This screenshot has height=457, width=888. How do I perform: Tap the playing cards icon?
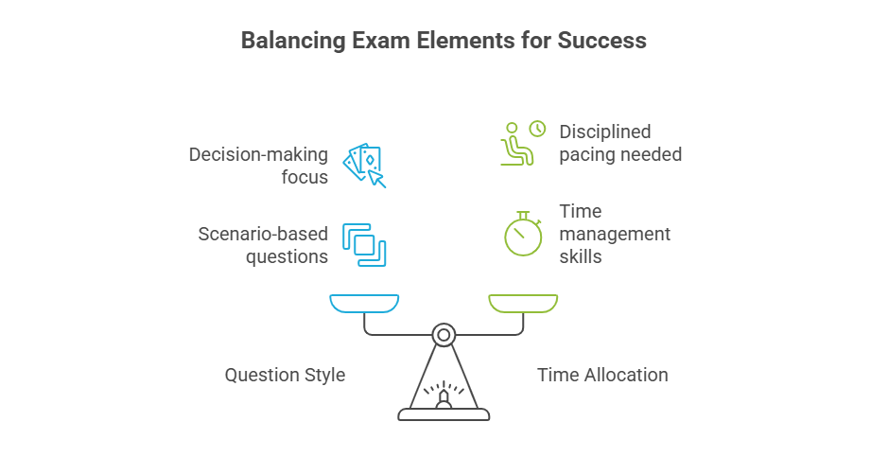tap(361, 162)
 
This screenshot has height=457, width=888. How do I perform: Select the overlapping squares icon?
tap(364, 244)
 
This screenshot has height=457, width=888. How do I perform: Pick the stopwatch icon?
tap(522, 234)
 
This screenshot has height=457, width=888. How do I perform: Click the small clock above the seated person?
tap(537, 129)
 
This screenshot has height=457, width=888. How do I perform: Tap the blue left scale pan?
tap(364, 303)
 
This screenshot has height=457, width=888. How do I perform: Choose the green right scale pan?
tap(522, 303)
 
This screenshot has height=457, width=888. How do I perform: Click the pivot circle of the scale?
tap(444, 334)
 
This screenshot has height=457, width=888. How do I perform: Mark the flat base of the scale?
tap(444, 413)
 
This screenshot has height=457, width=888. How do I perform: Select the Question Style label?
tap(285, 376)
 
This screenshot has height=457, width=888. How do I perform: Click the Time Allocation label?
tap(602, 376)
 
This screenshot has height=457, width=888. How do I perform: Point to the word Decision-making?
tap(258, 154)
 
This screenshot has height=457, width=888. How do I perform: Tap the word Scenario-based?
tap(263, 234)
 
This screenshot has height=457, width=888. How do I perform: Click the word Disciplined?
tap(605, 132)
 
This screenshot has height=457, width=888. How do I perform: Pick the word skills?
tap(581, 255)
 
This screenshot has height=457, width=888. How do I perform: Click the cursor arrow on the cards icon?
tap(377, 178)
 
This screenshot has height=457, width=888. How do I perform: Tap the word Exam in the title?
tap(378, 41)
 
